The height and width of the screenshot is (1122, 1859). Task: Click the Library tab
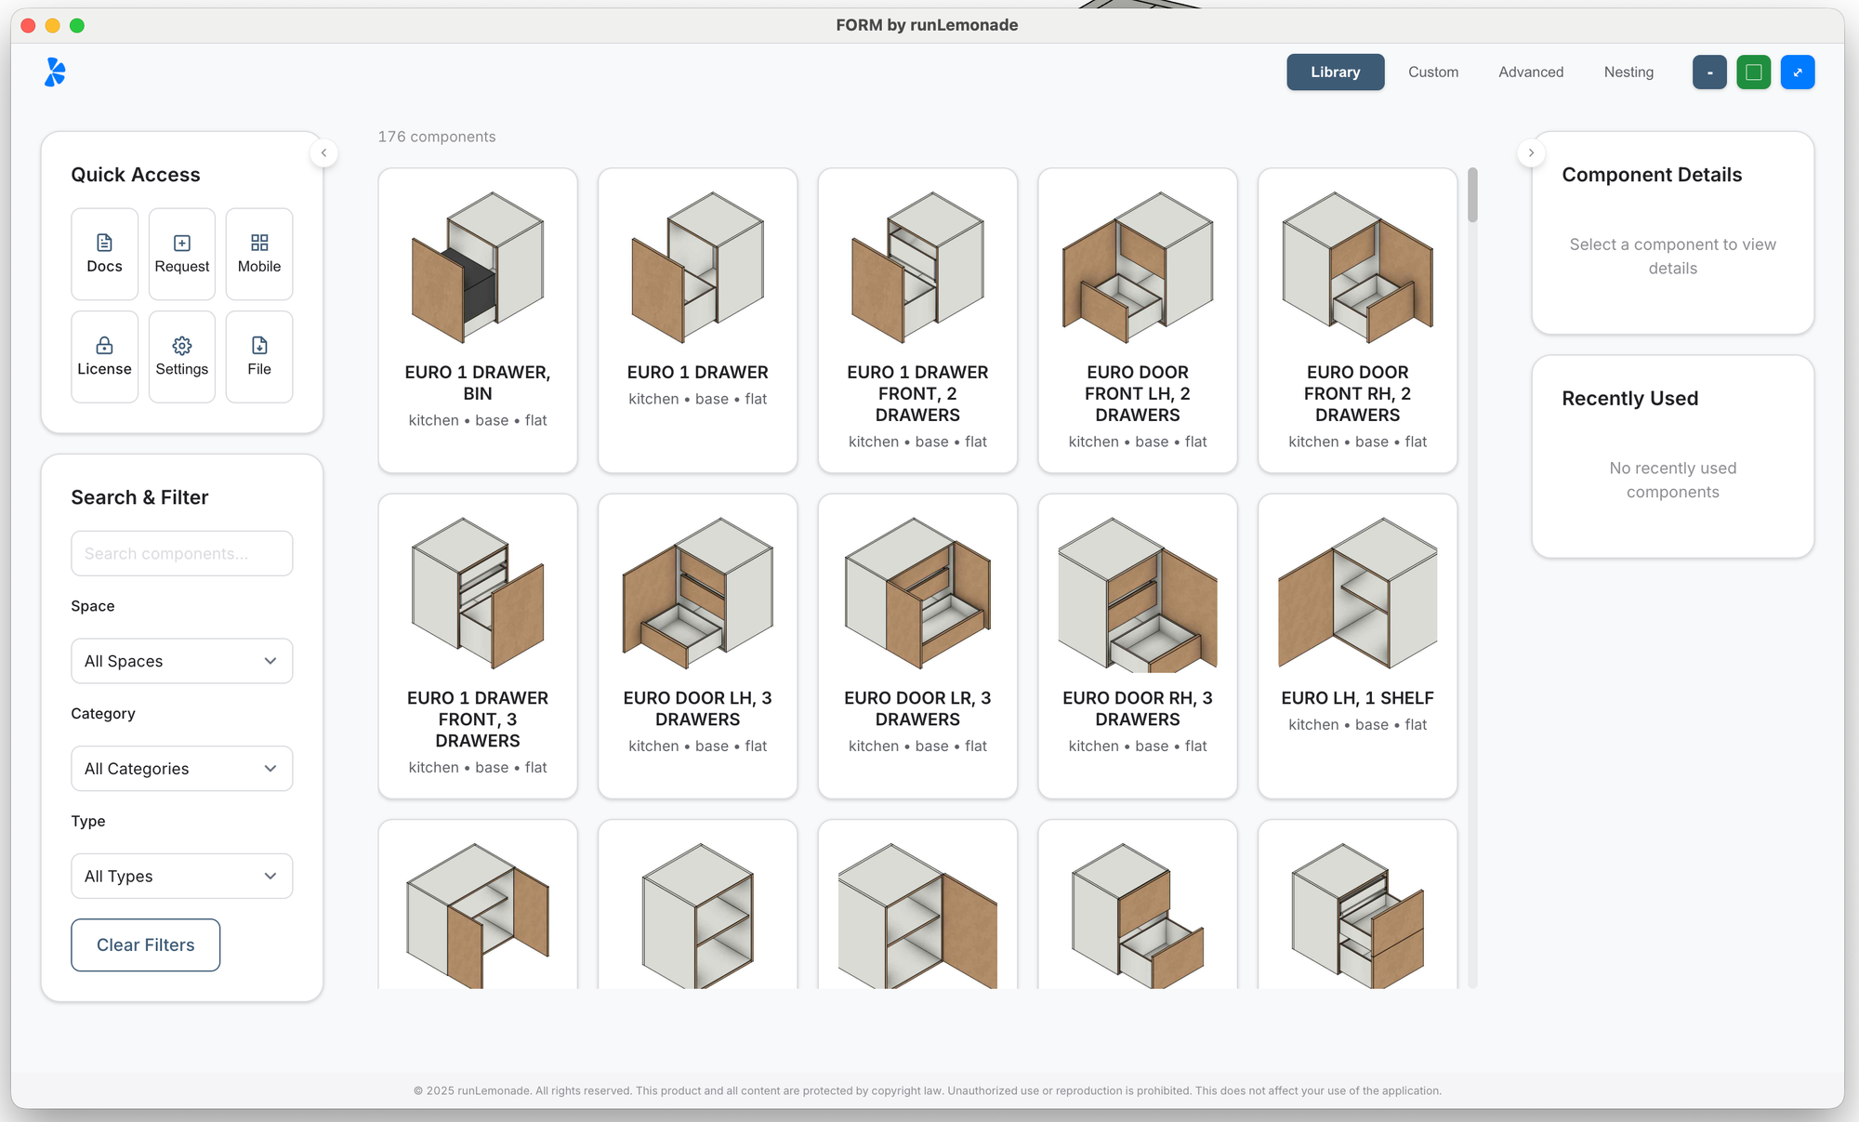click(x=1335, y=73)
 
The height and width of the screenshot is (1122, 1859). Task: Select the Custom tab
click(x=1432, y=73)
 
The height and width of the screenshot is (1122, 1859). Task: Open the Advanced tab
click(x=1531, y=73)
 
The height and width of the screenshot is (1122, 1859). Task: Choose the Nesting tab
click(x=1628, y=73)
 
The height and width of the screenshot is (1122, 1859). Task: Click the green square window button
click(x=1753, y=73)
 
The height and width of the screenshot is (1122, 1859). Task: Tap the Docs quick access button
click(x=104, y=254)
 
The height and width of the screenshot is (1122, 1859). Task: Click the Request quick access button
click(x=182, y=254)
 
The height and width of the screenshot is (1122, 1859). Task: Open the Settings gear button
click(x=182, y=357)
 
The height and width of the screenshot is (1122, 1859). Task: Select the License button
click(x=104, y=357)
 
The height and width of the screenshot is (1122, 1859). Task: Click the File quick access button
click(x=259, y=357)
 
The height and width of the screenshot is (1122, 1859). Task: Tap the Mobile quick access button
click(x=259, y=254)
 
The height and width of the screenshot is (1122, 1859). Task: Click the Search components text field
click(x=182, y=553)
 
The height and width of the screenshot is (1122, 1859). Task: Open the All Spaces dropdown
click(x=182, y=661)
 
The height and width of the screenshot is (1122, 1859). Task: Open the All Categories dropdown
click(x=182, y=769)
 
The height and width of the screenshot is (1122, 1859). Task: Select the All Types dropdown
click(x=182, y=876)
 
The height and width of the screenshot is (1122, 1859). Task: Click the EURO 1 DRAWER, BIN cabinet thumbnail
click(x=478, y=268)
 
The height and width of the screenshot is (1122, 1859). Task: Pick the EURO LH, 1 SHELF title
click(x=1357, y=698)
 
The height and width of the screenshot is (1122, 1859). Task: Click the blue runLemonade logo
click(x=55, y=72)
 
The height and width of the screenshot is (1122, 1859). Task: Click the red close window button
click(x=28, y=25)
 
